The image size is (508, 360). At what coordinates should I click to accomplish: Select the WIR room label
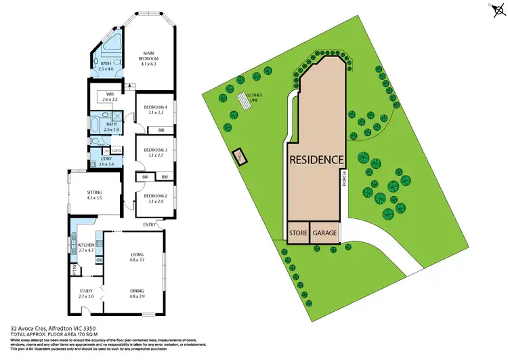tap(109, 96)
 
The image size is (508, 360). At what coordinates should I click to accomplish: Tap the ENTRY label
tap(149, 224)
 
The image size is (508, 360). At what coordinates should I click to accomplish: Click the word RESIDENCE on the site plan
tap(317, 161)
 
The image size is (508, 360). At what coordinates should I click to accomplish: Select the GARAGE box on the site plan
tap(324, 233)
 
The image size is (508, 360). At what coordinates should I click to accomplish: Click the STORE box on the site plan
tap(299, 233)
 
